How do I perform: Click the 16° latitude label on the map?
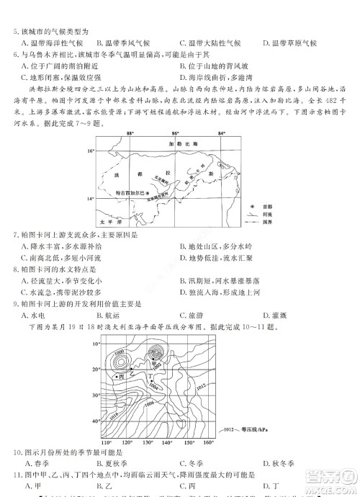pos(91,152)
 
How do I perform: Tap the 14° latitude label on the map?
pos(91,197)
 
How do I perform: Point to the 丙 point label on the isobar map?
pos(122,376)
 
